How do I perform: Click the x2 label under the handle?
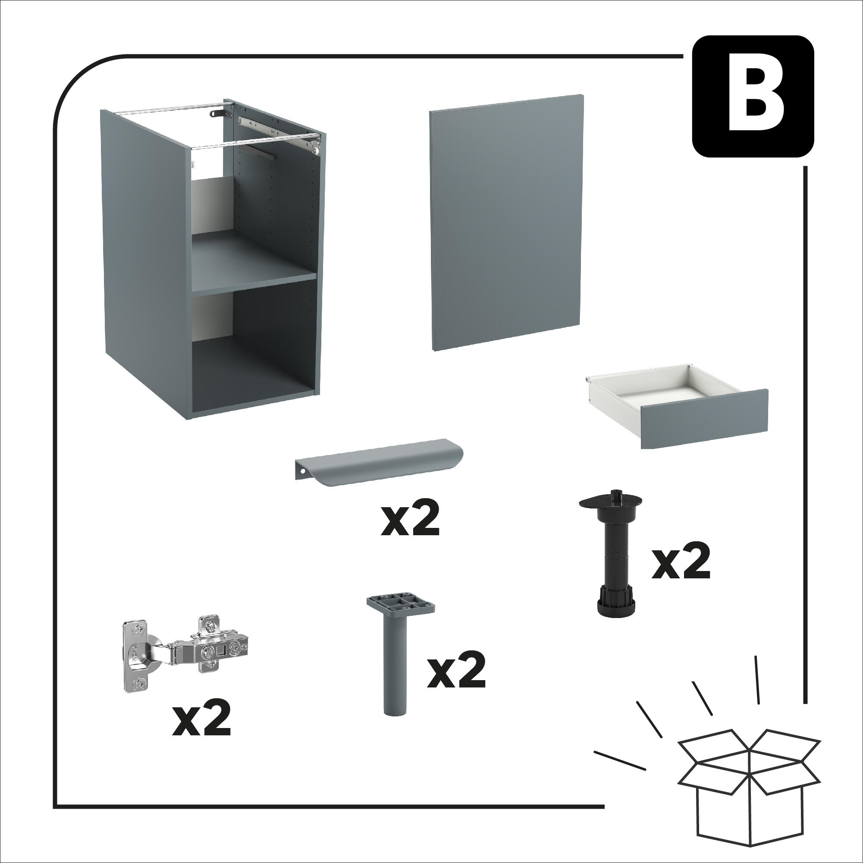pos(410,521)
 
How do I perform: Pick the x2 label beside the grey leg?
pos(455,673)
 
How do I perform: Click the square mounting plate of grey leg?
pos(401,604)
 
